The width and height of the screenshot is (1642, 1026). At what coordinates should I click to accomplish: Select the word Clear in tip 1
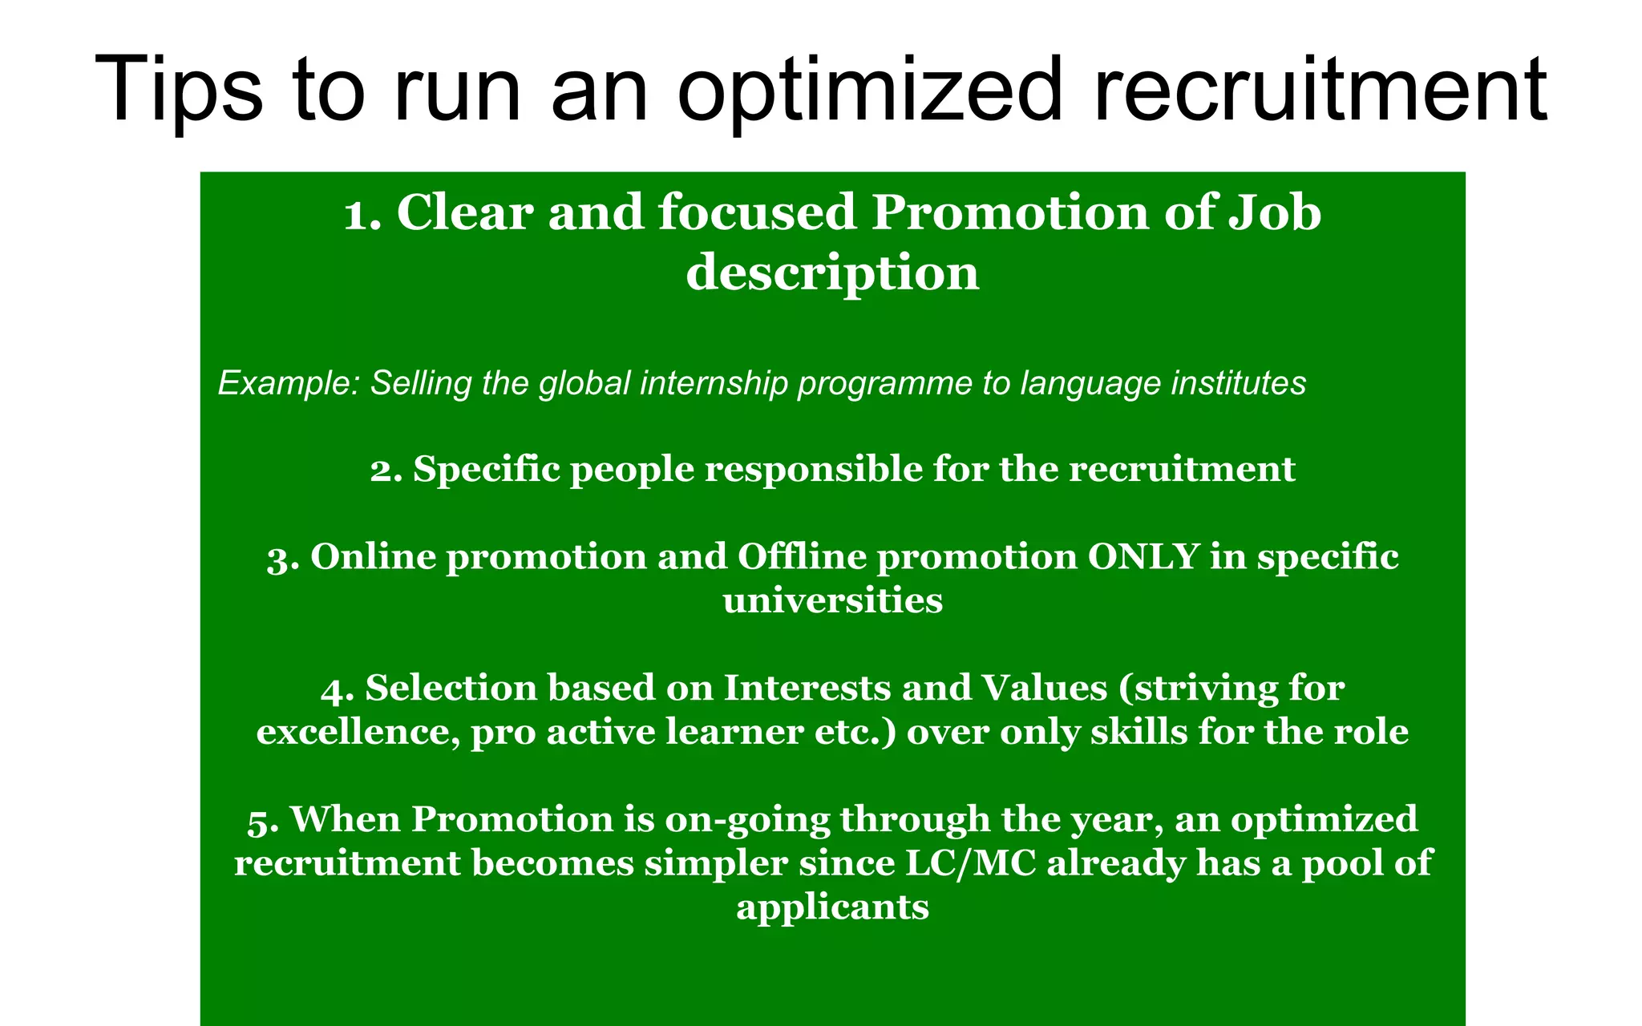point(465,213)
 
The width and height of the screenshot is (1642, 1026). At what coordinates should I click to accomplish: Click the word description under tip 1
point(832,273)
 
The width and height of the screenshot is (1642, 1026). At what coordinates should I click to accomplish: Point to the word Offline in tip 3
point(802,557)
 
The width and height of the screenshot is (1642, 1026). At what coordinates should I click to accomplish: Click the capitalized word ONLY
point(1143,557)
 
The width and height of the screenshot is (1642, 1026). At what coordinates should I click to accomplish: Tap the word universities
point(832,601)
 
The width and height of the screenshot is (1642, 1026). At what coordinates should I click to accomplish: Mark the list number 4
point(337,689)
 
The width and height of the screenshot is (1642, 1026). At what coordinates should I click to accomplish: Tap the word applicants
point(832,907)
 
